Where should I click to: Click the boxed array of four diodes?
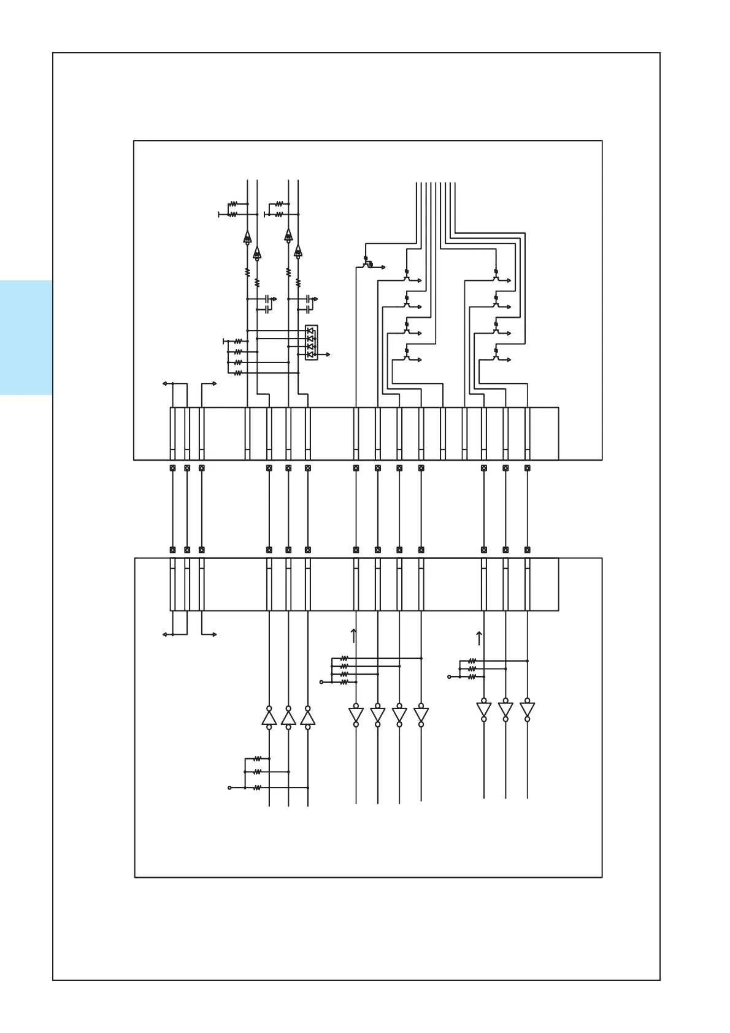pyautogui.click(x=311, y=342)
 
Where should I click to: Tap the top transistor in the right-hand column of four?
pyautogui.click(x=497, y=277)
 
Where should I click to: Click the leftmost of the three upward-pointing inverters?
pyautogui.click(x=269, y=717)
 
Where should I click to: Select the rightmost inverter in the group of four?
pyautogui.click(x=421, y=715)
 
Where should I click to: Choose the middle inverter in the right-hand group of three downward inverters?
pyautogui.click(x=505, y=709)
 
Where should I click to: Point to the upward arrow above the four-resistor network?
pyautogui.click(x=353, y=636)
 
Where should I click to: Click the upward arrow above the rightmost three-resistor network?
pyautogui.click(x=479, y=638)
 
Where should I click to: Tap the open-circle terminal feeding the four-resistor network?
pyautogui.click(x=321, y=682)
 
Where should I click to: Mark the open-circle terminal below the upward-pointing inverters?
pyautogui.click(x=230, y=788)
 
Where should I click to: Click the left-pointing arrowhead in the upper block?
pyautogui.click(x=164, y=384)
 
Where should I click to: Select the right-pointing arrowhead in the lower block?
pyautogui.click(x=214, y=634)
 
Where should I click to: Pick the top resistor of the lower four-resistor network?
pyautogui.click(x=344, y=658)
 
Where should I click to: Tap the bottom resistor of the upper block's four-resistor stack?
pyautogui.click(x=238, y=372)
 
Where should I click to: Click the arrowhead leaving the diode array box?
pyautogui.click(x=328, y=355)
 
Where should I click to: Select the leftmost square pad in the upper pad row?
pyautogui.click(x=172, y=468)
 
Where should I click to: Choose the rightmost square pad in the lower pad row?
pyautogui.click(x=527, y=550)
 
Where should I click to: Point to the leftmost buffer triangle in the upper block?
pyautogui.click(x=247, y=237)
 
